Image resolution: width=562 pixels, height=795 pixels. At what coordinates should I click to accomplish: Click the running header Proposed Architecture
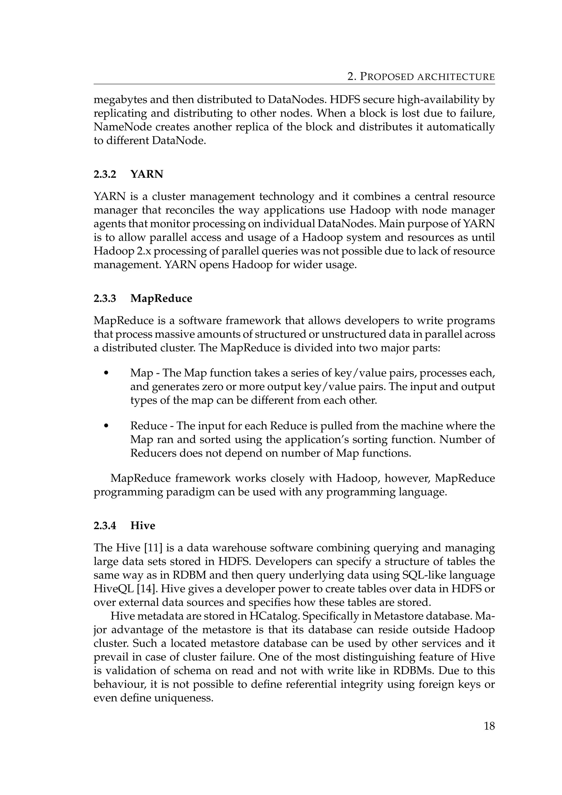[x=421, y=77]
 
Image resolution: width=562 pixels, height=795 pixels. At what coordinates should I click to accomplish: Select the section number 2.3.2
[x=105, y=174]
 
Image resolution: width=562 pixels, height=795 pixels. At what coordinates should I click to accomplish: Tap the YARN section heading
[x=147, y=174]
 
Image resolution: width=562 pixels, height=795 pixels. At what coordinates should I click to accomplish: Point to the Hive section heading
[x=143, y=526]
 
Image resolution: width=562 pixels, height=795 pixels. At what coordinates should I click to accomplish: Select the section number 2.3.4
[x=105, y=526]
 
